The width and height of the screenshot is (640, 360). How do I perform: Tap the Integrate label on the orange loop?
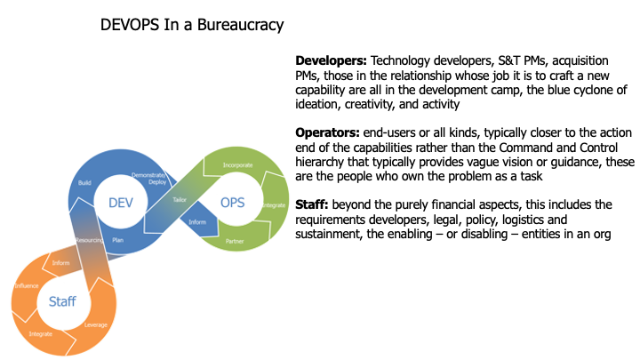[41, 333]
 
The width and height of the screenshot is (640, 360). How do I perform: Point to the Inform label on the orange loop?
[61, 262]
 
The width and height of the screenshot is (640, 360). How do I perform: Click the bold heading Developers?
[331, 60]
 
